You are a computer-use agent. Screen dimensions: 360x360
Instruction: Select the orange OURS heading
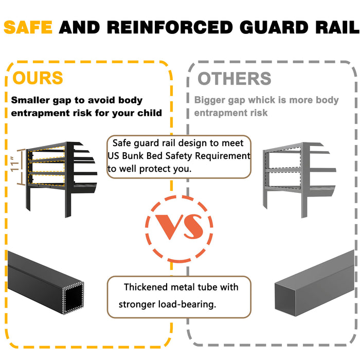(38, 78)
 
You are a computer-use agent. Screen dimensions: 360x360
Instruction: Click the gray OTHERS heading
(234, 79)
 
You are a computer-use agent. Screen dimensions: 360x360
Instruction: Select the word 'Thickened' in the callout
(146, 286)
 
